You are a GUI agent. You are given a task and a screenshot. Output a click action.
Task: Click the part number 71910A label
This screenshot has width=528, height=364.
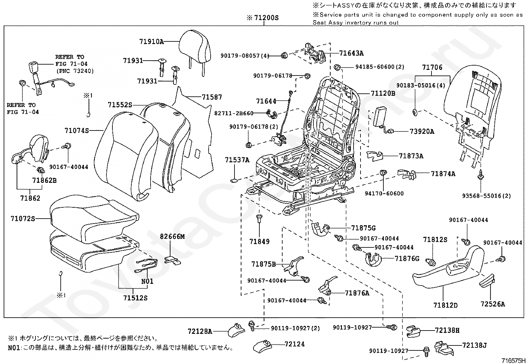(x=151, y=42)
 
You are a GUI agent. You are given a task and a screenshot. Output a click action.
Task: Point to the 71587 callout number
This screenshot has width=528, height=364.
(x=212, y=97)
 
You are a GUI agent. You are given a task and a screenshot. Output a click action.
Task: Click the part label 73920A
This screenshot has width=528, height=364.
(x=422, y=131)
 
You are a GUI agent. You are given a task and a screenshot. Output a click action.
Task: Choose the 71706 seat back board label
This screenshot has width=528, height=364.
(x=432, y=68)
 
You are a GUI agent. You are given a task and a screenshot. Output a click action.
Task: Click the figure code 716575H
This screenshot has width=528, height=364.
(x=513, y=360)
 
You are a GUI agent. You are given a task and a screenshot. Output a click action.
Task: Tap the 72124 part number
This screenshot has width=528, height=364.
(x=295, y=344)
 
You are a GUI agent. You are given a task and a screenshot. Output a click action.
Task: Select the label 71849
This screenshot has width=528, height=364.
(x=259, y=241)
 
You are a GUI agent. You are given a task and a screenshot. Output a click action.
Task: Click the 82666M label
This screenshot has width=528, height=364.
(x=172, y=236)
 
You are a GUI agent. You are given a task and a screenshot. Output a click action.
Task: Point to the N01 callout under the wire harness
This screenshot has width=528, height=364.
(x=147, y=281)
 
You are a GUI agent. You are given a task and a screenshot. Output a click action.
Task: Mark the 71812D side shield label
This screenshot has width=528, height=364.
(x=445, y=305)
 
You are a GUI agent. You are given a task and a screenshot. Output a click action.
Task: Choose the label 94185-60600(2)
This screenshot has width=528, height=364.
(x=380, y=67)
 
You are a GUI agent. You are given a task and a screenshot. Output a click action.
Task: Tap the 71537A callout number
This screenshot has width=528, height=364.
(x=237, y=160)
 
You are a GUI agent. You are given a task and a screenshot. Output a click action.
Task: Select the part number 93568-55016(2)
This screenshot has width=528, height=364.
(x=486, y=196)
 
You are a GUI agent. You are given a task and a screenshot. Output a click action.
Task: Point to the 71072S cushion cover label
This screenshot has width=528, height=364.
(x=23, y=219)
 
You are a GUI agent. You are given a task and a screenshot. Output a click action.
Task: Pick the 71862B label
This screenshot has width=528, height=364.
(x=44, y=181)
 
